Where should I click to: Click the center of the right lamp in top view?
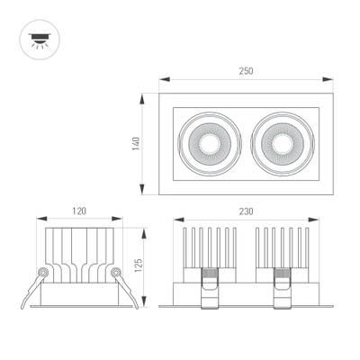click(281, 143)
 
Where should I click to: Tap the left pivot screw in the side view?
click(41, 271)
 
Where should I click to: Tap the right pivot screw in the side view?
click(115, 271)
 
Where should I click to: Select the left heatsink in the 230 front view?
click(209, 247)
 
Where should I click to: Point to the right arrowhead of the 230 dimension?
click(319, 220)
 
